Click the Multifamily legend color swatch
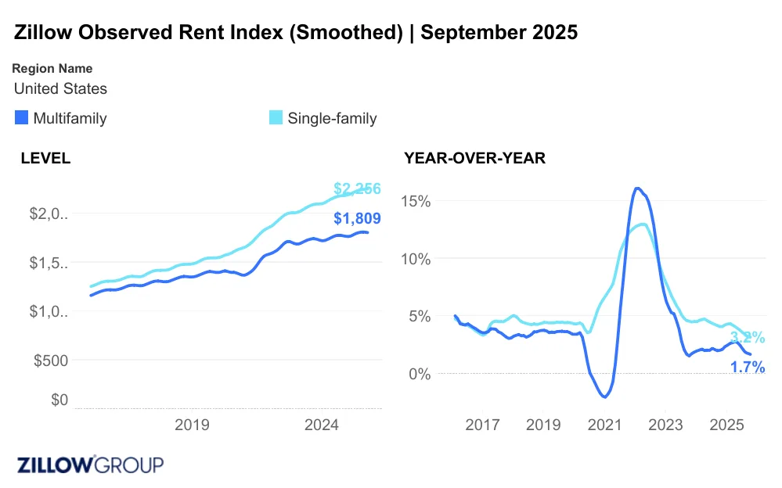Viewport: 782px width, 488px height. coord(22,119)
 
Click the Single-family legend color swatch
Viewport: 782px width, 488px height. coord(276,119)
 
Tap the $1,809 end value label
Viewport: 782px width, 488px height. coord(357,219)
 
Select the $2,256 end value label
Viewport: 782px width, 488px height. coord(357,188)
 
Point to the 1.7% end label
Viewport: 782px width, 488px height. coord(748,367)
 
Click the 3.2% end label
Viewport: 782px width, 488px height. coord(748,338)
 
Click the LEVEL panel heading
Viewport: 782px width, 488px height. coord(45,158)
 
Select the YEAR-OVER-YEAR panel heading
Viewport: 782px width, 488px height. coord(474,158)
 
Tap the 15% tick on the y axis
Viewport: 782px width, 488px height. coord(416,201)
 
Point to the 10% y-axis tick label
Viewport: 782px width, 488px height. coord(416,259)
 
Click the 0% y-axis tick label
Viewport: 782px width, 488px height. coord(420,374)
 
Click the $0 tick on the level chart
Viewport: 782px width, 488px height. coord(59,400)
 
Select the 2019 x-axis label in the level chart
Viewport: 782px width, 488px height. coord(191,425)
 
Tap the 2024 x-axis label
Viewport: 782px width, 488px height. coord(320,425)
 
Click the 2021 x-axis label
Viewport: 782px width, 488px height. coord(604,425)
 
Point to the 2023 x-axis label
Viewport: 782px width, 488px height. coord(665,425)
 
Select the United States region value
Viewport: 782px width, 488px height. coord(60,88)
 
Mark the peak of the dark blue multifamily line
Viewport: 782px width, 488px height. coord(637,188)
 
